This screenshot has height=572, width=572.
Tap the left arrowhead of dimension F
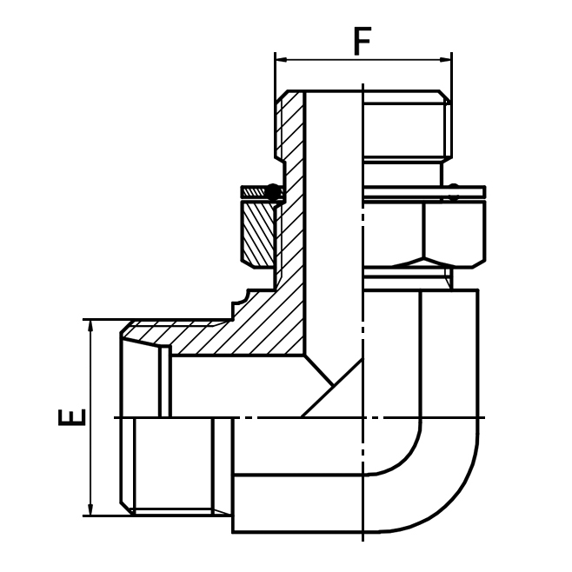(x=281, y=59)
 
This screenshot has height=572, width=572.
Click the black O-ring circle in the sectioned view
(x=274, y=193)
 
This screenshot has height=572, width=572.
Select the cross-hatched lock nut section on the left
(x=257, y=229)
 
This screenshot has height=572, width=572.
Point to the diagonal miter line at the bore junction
(x=330, y=387)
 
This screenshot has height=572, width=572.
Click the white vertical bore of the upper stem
(x=333, y=217)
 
